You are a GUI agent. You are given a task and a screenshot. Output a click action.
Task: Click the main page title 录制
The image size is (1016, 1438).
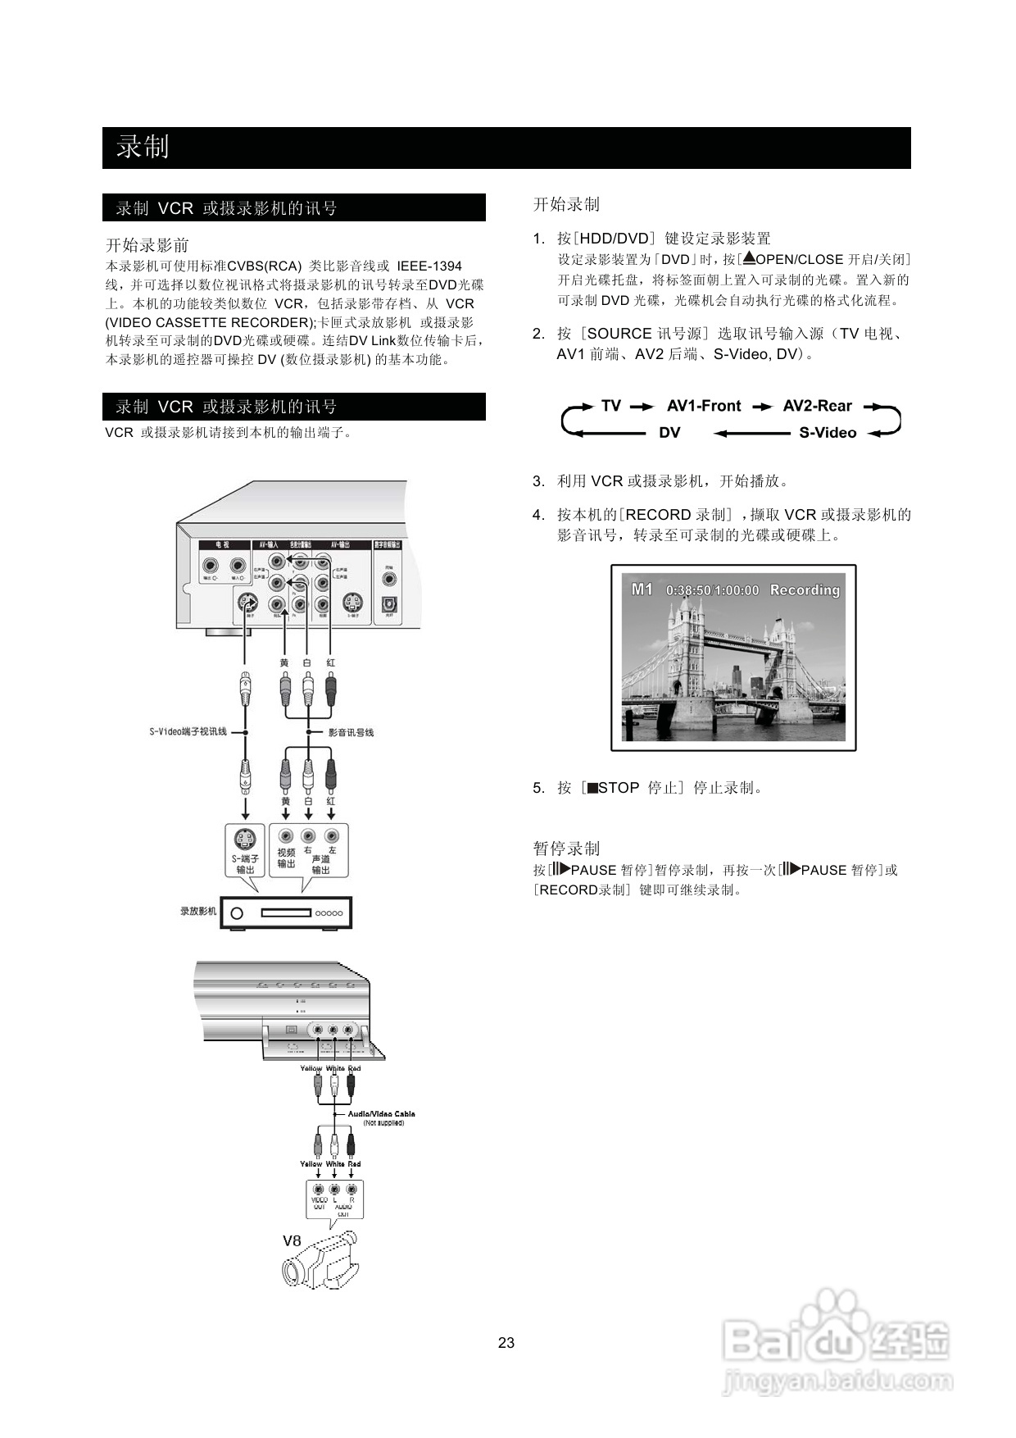143,147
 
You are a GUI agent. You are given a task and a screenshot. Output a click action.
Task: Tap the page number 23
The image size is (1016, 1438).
506,1342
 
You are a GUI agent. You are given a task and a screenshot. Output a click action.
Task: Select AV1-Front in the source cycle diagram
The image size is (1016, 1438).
703,406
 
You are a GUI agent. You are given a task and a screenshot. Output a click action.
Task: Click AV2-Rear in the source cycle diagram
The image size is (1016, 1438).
817,406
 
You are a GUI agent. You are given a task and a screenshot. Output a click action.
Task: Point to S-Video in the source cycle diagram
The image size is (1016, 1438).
828,433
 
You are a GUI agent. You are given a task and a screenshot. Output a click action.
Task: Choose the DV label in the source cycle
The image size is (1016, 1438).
669,433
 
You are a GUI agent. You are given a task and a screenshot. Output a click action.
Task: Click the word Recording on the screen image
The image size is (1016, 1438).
805,589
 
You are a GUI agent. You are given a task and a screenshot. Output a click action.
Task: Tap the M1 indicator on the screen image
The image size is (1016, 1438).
642,589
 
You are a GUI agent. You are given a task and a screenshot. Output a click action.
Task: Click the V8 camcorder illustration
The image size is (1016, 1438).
321,1262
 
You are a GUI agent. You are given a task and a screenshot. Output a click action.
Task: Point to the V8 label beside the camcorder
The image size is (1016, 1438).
292,1240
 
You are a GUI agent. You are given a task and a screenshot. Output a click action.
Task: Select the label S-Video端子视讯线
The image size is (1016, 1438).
188,731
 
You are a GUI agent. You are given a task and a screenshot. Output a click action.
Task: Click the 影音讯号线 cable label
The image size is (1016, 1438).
351,732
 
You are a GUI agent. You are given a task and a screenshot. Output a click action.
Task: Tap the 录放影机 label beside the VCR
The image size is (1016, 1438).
198,911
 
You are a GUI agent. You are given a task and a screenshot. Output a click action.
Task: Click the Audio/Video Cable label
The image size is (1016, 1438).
381,1113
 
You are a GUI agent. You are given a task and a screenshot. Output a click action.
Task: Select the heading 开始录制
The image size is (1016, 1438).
566,204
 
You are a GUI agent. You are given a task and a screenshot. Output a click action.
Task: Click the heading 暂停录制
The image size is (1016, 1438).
566,848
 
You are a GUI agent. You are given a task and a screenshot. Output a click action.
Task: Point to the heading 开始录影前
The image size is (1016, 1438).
147,244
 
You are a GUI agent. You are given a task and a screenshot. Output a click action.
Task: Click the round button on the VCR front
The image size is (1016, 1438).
237,912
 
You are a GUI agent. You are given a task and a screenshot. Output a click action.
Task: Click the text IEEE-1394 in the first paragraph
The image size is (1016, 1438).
429,266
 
